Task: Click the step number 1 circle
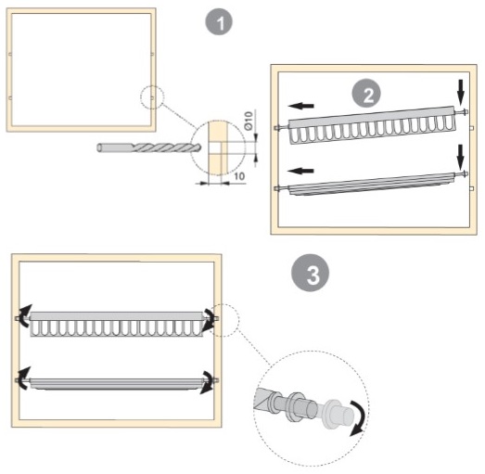pos(219,22)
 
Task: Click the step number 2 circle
pos(366,94)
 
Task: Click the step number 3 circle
pos(311,273)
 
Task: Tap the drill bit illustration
pos(148,147)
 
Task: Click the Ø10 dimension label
pos(249,121)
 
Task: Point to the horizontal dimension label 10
pos(239,176)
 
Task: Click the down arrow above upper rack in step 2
pos(461,93)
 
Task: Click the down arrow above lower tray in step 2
pos(461,157)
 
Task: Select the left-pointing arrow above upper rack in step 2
pos(301,106)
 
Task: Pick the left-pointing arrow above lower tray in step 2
pos(300,171)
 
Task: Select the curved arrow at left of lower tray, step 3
pos(22,378)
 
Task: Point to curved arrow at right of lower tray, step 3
pos(208,382)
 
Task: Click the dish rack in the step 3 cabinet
pos(117,324)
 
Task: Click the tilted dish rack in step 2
pos(372,125)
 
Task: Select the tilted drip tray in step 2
pos(372,185)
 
